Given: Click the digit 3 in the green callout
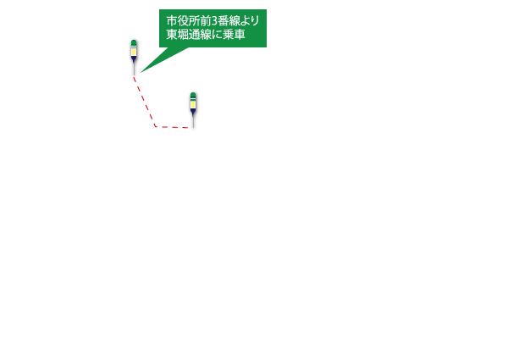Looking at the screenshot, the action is tap(214, 21).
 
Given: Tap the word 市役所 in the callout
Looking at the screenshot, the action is tap(183, 21).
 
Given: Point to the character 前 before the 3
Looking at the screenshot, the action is tap(206, 21).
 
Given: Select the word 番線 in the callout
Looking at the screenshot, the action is tap(229, 21).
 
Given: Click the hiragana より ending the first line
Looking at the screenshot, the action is tap(250, 21).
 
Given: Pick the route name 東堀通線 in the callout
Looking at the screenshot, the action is tap(188, 35).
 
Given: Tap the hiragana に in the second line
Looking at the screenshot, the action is tap(216, 35).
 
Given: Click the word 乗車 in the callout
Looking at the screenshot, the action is tap(234, 35).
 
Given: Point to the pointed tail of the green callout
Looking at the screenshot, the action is tap(141, 72).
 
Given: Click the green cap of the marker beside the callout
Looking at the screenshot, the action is tap(134, 43).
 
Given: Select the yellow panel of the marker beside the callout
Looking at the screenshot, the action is tap(134, 52).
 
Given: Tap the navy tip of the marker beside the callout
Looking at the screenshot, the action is tap(134, 59).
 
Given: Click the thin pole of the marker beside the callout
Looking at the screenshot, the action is tap(134, 69).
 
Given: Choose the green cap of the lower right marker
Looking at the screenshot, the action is tap(193, 96).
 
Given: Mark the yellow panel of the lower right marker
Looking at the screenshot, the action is tap(193, 105).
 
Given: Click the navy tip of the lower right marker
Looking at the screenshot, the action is tap(193, 112).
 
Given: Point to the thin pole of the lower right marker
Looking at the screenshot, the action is tap(193, 122).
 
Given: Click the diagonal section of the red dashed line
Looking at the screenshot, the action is tap(145, 102).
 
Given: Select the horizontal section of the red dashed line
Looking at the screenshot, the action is tap(172, 127).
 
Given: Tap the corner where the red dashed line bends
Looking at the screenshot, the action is tap(156, 126).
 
